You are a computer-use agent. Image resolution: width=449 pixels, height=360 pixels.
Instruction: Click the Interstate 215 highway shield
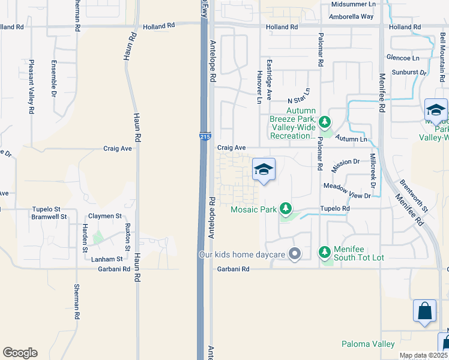click(205, 137)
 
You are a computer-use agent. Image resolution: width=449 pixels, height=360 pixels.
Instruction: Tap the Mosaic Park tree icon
click(286, 209)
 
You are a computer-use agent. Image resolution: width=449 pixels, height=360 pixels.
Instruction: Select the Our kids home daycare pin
click(294, 254)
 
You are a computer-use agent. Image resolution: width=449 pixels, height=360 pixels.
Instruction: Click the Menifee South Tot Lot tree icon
click(325, 251)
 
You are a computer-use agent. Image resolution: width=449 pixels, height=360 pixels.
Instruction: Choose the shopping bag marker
click(424, 311)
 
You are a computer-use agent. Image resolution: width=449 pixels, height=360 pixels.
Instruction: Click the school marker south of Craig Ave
click(264, 170)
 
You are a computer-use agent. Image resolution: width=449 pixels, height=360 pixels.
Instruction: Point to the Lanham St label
click(107, 259)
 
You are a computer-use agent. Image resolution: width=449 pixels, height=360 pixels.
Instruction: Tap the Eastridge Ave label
click(270, 79)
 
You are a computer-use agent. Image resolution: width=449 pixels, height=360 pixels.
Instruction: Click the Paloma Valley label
click(368, 344)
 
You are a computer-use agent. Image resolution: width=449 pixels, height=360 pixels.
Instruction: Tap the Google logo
click(20, 353)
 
